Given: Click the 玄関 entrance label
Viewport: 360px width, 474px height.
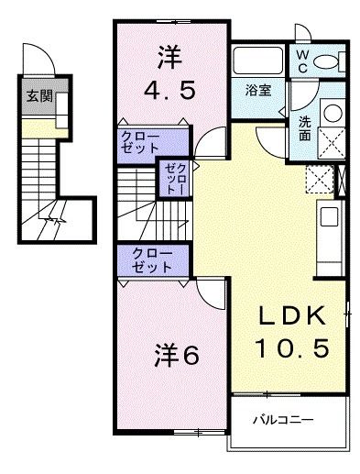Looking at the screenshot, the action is pyautogui.click(x=39, y=96).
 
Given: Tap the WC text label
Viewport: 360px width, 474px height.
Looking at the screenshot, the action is pyautogui.click(x=302, y=61).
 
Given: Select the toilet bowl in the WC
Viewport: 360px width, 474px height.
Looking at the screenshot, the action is pyautogui.click(x=324, y=61).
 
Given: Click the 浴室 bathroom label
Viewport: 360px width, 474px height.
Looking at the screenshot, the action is pyautogui.click(x=258, y=90).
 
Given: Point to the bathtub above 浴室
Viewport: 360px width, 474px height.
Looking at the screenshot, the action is pyautogui.click(x=258, y=61).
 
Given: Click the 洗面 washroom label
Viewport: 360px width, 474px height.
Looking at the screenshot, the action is pyautogui.click(x=305, y=128).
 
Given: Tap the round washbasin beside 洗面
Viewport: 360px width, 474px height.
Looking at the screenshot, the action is pyautogui.click(x=333, y=113).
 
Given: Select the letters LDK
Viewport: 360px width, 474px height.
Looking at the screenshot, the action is pyautogui.click(x=292, y=316).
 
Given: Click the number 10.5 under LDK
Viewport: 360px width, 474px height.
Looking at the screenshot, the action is pyautogui.click(x=292, y=347).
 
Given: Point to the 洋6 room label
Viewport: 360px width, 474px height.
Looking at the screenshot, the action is pyautogui.click(x=177, y=355).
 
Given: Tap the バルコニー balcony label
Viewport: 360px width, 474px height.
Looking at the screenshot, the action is pyautogui.click(x=283, y=420).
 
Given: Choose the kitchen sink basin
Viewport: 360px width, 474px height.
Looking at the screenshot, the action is pyautogui.click(x=329, y=216).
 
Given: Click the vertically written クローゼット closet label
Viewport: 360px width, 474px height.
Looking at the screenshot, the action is pyautogui.click(x=175, y=179).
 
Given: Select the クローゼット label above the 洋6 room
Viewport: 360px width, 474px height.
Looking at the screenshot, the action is pyautogui.click(x=152, y=260).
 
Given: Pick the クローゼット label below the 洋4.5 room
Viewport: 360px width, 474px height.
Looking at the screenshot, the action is pyautogui.click(x=140, y=142).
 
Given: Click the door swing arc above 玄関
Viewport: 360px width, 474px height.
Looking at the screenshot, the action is pyautogui.click(x=43, y=54).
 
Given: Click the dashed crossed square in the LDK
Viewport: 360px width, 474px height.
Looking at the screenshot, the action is pyautogui.click(x=320, y=179).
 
